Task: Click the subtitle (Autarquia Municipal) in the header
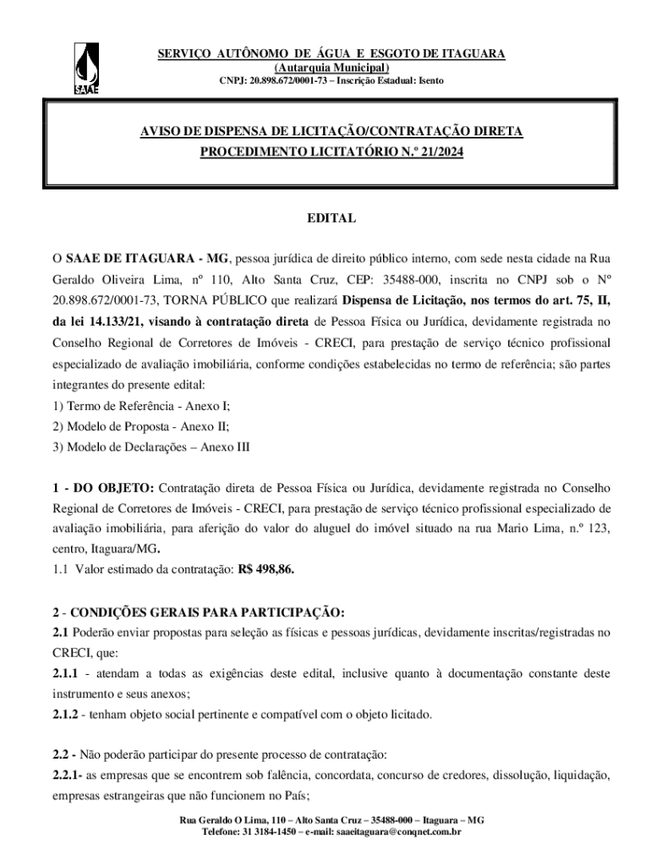coord(331,68)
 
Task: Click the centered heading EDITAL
coord(331,218)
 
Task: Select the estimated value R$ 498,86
coord(266,569)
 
